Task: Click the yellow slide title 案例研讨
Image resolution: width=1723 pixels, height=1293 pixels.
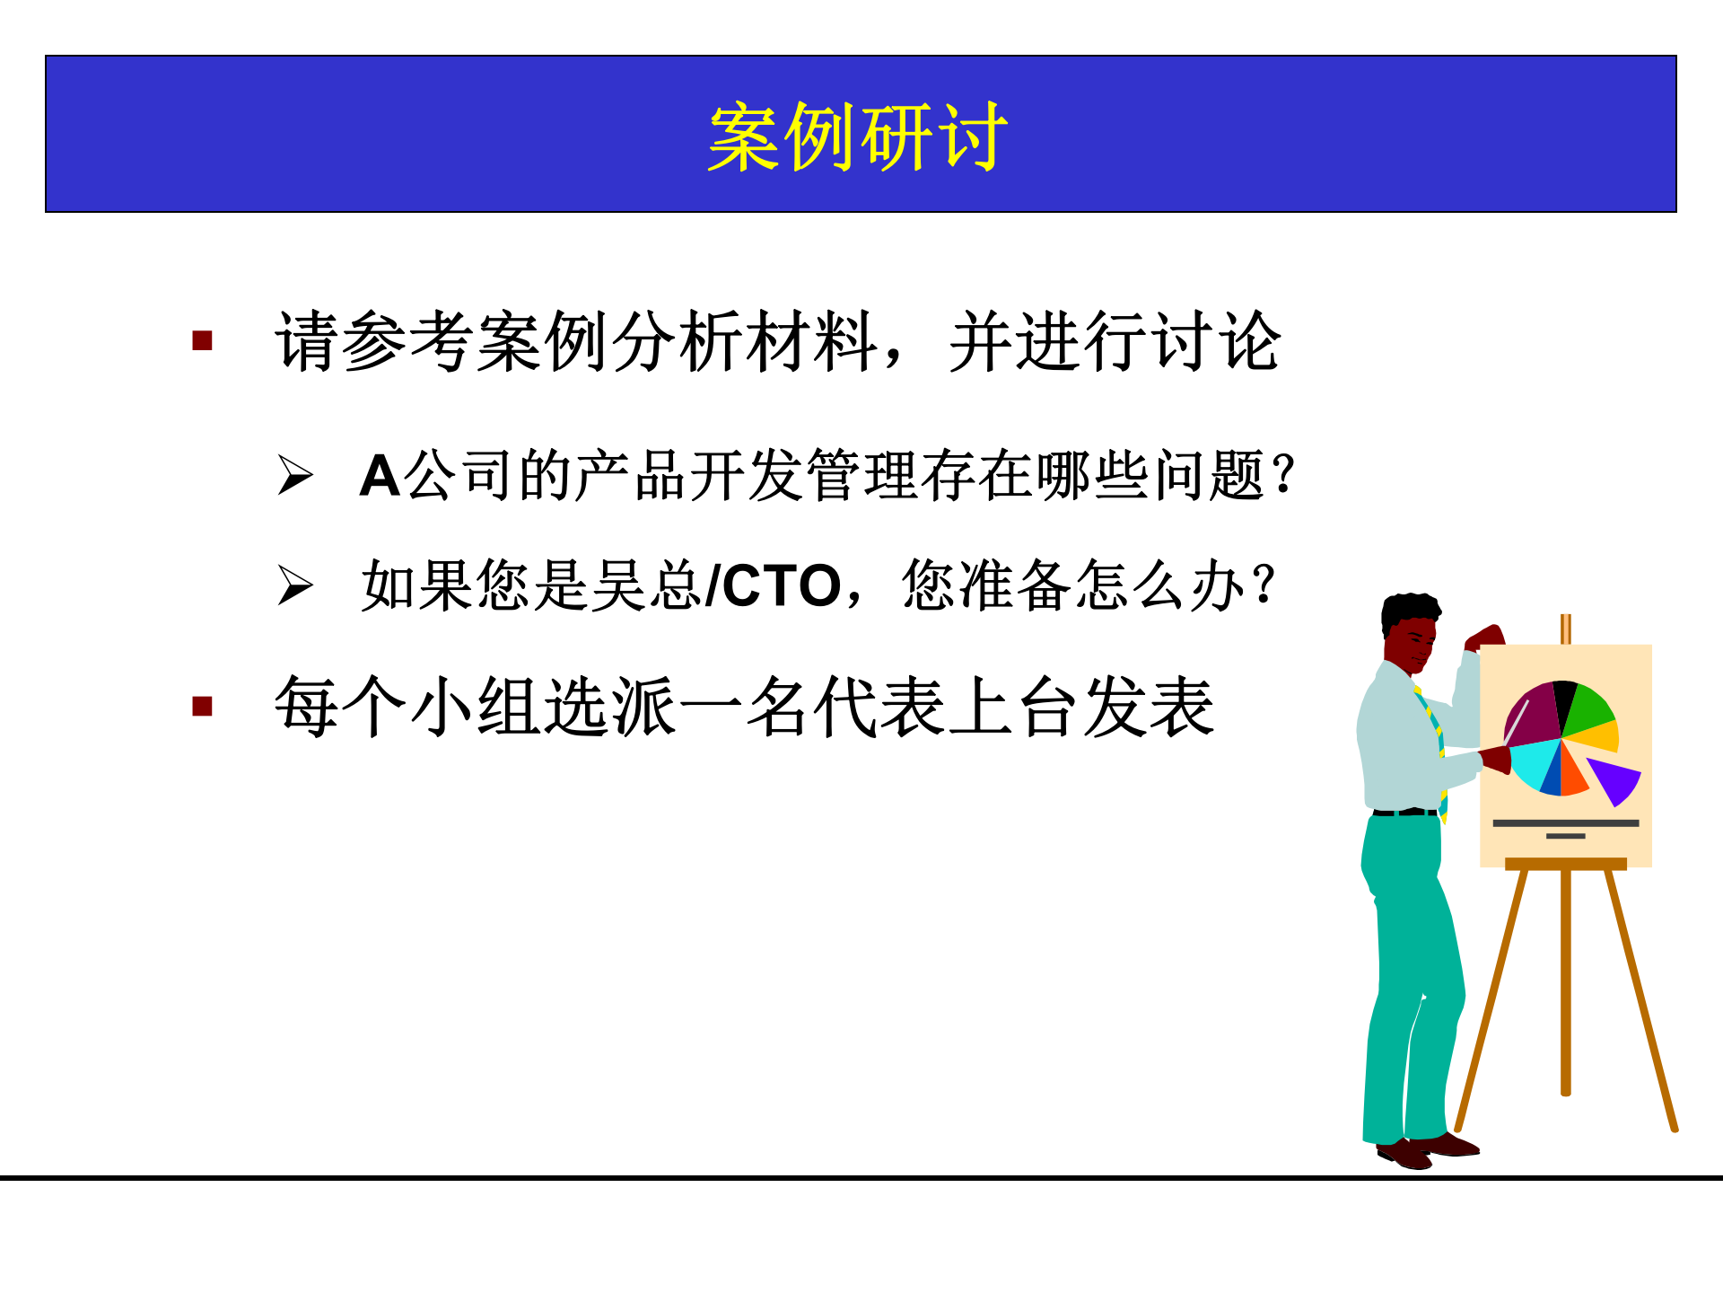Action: (857, 136)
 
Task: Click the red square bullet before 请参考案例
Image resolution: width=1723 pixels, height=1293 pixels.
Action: (202, 341)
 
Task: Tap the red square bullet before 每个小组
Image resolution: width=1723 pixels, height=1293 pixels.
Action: (202, 707)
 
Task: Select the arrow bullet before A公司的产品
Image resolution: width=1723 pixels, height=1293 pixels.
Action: (294, 475)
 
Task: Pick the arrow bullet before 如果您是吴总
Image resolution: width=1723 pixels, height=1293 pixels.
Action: (294, 585)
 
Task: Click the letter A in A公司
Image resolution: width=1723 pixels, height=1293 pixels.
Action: (379, 476)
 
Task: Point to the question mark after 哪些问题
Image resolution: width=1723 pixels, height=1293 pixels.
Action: (1284, 474)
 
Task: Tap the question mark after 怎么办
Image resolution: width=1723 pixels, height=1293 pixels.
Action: (1264, 584)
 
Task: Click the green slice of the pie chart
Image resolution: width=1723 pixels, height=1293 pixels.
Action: (1589, 709)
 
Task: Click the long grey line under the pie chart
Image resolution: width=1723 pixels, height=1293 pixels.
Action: (1565, 822)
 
